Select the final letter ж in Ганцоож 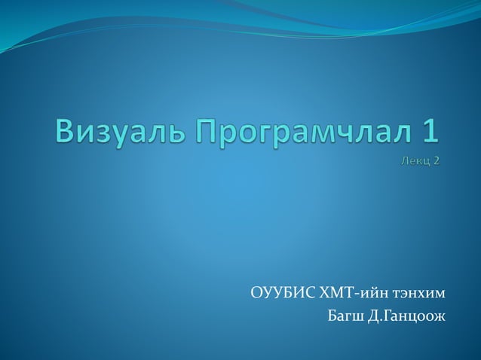440,314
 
